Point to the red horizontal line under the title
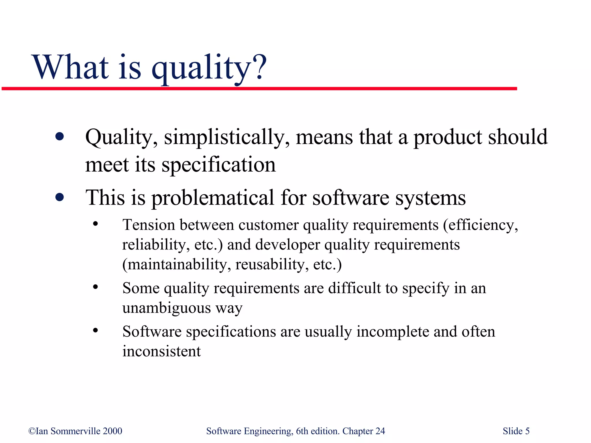tap(260, 89)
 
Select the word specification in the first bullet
tap(218, 165)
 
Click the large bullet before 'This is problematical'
tap(59, 198)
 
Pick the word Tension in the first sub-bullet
tap(149, 225)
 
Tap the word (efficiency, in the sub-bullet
tap(480, 225)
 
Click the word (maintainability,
tap(176, 264)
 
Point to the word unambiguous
tap(167, 308)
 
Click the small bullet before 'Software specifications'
tap(96, 331)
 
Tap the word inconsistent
tap(161, 351)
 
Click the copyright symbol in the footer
tap(32, 431)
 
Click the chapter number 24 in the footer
tap(380, 431)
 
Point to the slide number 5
tap(527, 431)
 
